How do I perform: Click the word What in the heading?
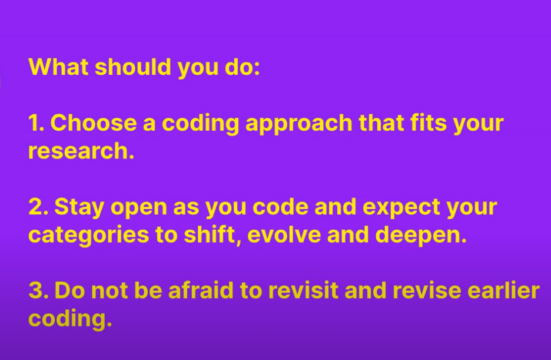58,67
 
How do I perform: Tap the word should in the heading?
133,67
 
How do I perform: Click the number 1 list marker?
36,123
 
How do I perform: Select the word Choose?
94,123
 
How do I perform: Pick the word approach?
299,124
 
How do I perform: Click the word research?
81,151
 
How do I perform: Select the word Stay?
79,207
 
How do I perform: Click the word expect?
401,208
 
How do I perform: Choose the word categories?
88,236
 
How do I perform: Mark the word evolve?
284,235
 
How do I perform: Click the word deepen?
421,236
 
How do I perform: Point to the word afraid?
201,290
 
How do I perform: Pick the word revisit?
303,290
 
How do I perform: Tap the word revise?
427,290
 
